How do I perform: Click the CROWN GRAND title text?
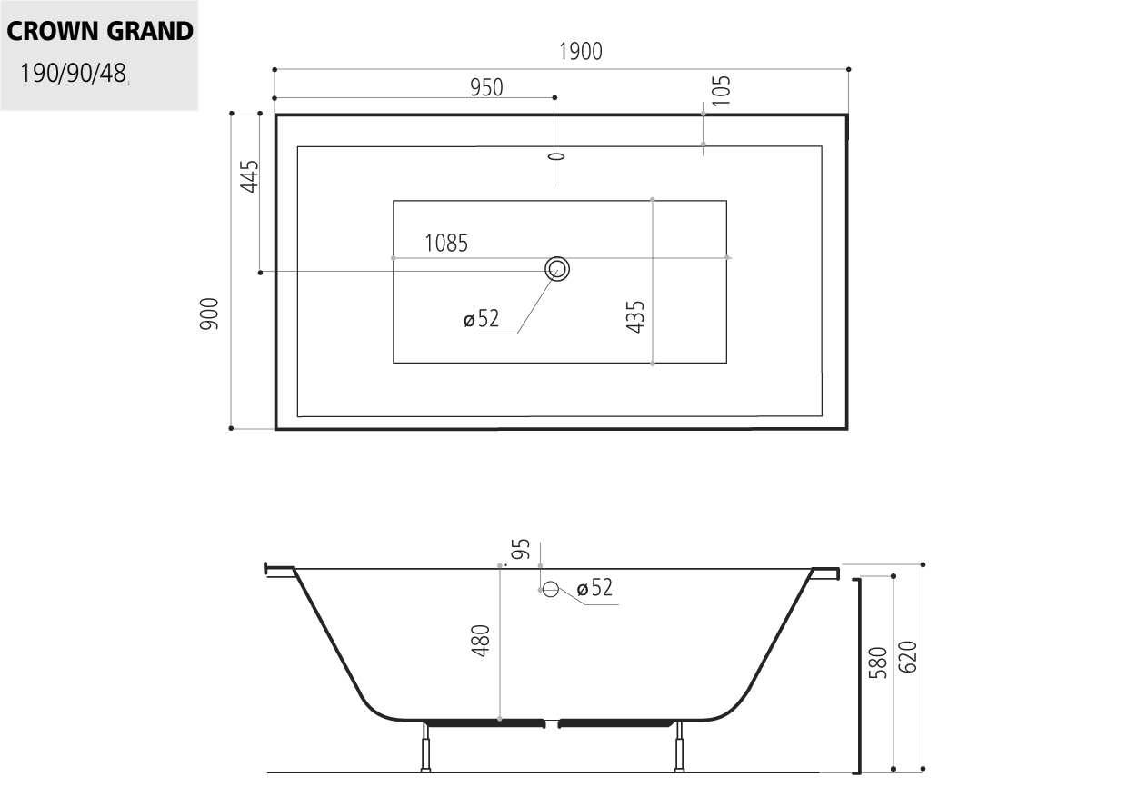100,31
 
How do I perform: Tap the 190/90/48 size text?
73,74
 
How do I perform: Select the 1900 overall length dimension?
581,52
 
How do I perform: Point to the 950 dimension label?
486,87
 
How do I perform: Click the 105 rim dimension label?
721,91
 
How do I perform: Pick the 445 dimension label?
249,176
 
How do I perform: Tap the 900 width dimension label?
209,314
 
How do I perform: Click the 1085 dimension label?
446,244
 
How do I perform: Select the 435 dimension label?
635,317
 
